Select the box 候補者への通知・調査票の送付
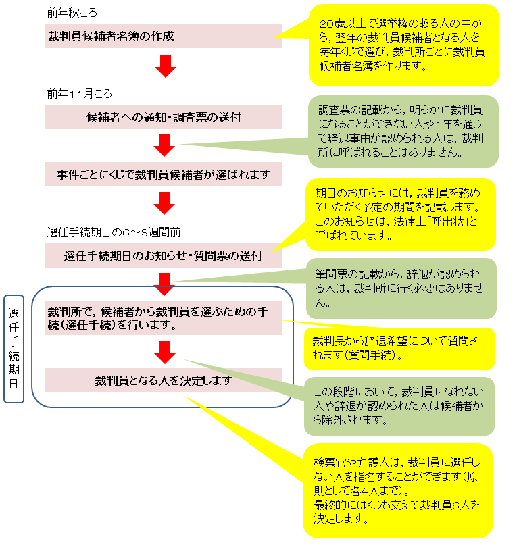164,117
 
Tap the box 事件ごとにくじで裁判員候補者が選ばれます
164,175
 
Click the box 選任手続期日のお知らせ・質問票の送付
164,256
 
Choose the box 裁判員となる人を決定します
164,380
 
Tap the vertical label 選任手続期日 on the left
14,348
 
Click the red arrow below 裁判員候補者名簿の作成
164,66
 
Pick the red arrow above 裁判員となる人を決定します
164,351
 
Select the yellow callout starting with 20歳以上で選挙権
403,45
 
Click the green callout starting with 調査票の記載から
403,130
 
